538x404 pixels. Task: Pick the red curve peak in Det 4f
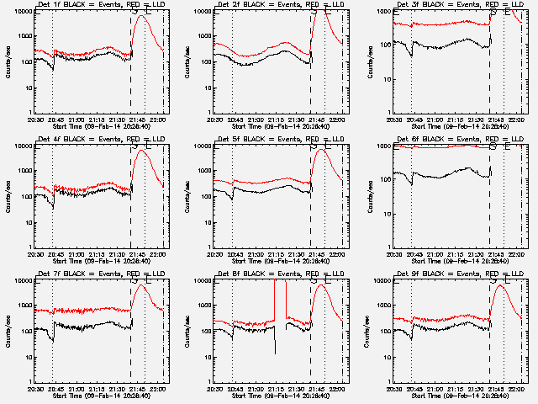tap(141, 151)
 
